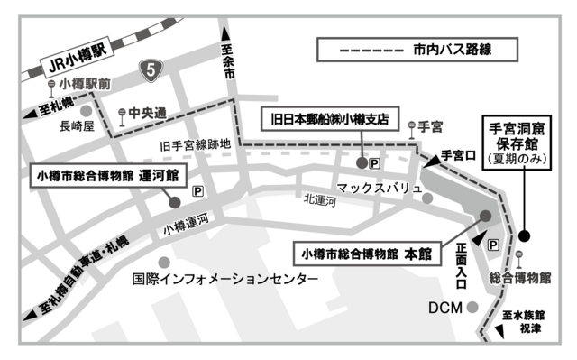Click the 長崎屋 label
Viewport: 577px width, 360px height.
pos(77,127)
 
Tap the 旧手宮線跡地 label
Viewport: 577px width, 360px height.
pos(196,144)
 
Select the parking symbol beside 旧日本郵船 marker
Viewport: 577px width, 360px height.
pos(377,163)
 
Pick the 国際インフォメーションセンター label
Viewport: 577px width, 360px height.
pos(224,280)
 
